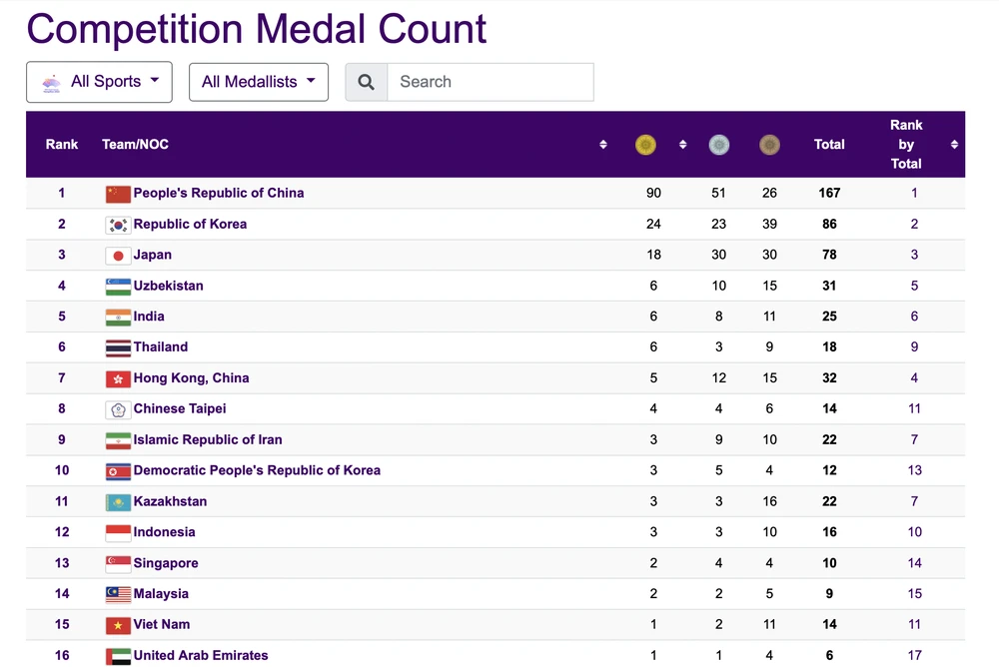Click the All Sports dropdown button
tap(99, 82)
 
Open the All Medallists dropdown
tap(258, 82)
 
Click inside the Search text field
tap(490, 82)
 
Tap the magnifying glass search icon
tap(367, 82)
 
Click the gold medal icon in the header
tap(646, 145)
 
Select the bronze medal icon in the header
tap(769, 145)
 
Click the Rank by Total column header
tap(906, 145)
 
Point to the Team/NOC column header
tap(135, 145)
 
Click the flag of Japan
tap(118, 256)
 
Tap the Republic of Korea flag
tap(118, 225)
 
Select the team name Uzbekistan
tap(168, 286)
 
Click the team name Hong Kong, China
tap(191, 378)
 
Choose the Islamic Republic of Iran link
tap(208, 440)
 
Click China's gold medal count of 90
tap(653, 194)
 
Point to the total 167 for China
tap(829, 194)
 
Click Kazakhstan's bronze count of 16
tap(769, 502)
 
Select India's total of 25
tap(829, 317)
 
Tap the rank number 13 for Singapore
tap(62, 563)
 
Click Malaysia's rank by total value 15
tap(915, 594)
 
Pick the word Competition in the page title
tap(134, 29)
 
